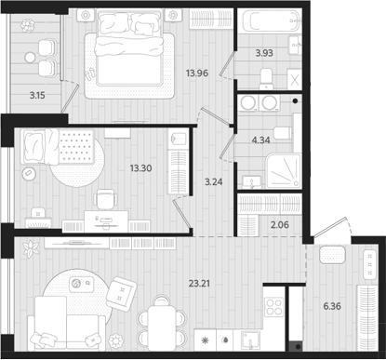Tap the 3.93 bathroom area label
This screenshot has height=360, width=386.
pyautogui.click(x=264, y=53)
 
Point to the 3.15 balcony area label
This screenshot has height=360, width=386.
pyautogui.click(x=36, y=94)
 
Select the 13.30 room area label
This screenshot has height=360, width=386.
pyautogui.click(x=142, y=168)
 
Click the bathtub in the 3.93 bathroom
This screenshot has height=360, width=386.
pyautogui.click(x=270, y=22)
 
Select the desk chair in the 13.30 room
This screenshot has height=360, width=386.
pyautogui.click(x=105, y=198)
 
